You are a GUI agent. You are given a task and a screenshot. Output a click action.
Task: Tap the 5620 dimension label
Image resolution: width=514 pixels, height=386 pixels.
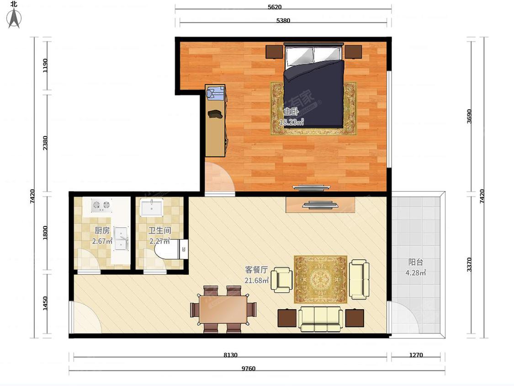[275, 7]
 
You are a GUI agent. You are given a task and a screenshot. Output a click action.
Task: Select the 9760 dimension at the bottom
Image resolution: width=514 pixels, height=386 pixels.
[248, 368]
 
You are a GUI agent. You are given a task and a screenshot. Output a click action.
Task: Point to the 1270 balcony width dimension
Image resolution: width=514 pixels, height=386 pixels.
[416, 355]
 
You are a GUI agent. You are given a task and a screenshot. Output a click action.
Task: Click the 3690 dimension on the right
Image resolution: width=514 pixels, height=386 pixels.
[469, 117]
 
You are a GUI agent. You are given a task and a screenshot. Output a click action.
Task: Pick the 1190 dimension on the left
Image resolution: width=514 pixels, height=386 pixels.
[45, 66]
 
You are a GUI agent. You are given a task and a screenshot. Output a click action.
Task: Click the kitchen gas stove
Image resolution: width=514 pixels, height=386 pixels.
[101, 205]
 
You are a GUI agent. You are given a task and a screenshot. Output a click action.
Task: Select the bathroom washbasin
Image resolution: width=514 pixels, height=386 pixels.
[152, 208]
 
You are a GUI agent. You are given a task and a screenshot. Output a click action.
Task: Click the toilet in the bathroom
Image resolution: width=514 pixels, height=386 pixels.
[170, 249]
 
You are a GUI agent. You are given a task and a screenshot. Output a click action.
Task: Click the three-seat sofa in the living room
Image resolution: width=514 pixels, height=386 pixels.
[321, 319]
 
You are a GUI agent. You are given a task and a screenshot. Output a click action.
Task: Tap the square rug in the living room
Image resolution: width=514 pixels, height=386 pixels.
[321, 279]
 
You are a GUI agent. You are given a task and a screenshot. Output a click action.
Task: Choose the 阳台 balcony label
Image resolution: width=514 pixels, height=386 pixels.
[416, 262]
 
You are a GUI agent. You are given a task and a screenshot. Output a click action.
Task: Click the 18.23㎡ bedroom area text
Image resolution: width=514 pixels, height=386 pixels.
[291, 122]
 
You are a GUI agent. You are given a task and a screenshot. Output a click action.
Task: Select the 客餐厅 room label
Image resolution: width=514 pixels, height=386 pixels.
[257, 270]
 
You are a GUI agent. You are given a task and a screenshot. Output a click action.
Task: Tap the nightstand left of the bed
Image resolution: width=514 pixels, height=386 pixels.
[274, 52]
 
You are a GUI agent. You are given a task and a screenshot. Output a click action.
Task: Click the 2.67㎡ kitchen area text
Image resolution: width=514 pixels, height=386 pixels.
[102, 241]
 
